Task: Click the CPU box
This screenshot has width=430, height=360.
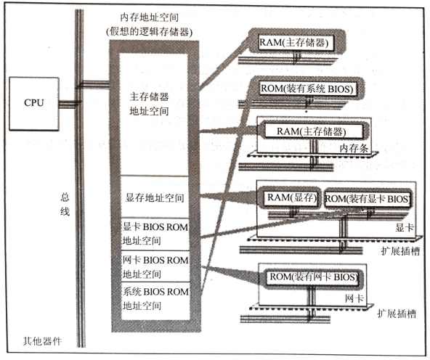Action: tap(34, 104)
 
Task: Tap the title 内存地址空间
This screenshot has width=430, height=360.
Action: tap(150, 17)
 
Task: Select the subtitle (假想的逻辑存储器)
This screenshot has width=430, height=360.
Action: tap(150, 32)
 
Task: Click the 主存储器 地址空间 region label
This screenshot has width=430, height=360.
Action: tap(149, 104)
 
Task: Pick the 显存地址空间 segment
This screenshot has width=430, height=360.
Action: tap(155, 197)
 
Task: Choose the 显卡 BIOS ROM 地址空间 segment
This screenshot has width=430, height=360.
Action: tap(155, 234)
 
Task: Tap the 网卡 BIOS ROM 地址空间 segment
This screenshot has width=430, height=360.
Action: tap(155, 266)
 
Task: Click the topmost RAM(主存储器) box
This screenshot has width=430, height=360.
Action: tap(296, 43)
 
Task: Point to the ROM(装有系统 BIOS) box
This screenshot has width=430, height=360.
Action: tap(308, 89)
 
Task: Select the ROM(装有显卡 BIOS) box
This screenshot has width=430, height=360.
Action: tap(368, 199)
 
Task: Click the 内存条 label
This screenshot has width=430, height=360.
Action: tap(354, 148)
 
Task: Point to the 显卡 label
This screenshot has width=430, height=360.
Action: tap(405, 227)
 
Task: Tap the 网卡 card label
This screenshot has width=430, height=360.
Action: tap(354, 298)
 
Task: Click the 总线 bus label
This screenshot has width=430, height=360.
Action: tap(65, 204)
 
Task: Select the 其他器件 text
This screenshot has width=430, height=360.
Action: tap(42, 341)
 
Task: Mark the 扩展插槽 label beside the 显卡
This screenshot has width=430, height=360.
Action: tap(400, 251)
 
